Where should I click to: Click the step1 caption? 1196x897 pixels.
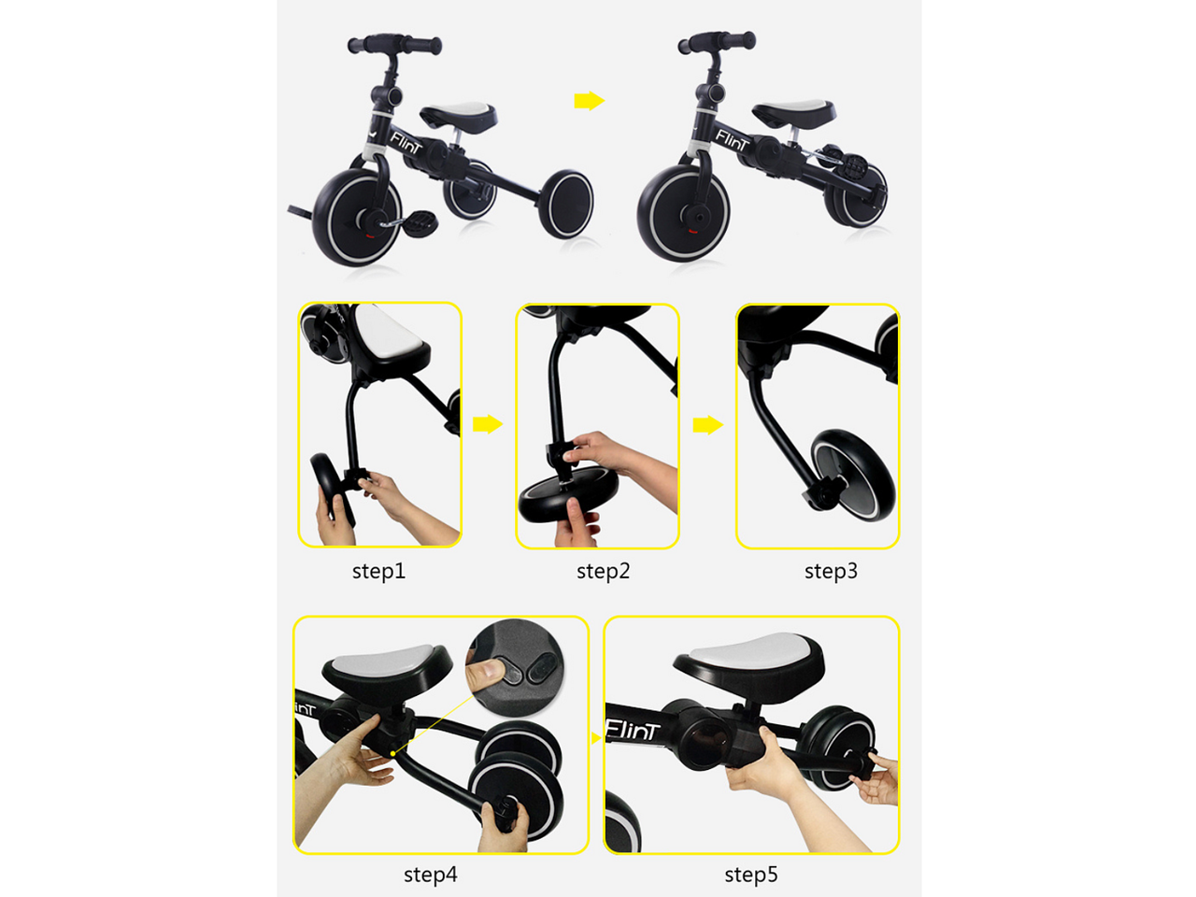point(378,571)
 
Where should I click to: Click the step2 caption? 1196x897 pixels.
point(604,571)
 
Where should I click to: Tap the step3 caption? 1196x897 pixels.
point(831,571)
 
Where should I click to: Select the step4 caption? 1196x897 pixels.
point(431,875)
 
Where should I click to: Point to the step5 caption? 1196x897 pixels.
point(751,875)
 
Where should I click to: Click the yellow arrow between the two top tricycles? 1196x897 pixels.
point(590,101)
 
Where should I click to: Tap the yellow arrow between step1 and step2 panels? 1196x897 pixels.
point(488,424)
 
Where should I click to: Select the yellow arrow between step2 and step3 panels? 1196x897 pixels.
point(708,425)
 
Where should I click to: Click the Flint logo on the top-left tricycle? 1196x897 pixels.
point(406,142)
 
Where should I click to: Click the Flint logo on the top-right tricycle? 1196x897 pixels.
point(732,140)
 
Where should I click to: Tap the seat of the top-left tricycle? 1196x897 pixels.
point(459,115)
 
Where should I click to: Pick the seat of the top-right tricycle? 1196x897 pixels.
point(793,113)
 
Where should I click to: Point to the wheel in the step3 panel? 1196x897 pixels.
point(853,475)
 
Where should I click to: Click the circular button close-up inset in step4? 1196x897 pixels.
point(514,666)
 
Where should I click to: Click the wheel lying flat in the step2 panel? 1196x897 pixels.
point(568,494)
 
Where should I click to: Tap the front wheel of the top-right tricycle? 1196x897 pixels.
point(684,213)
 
